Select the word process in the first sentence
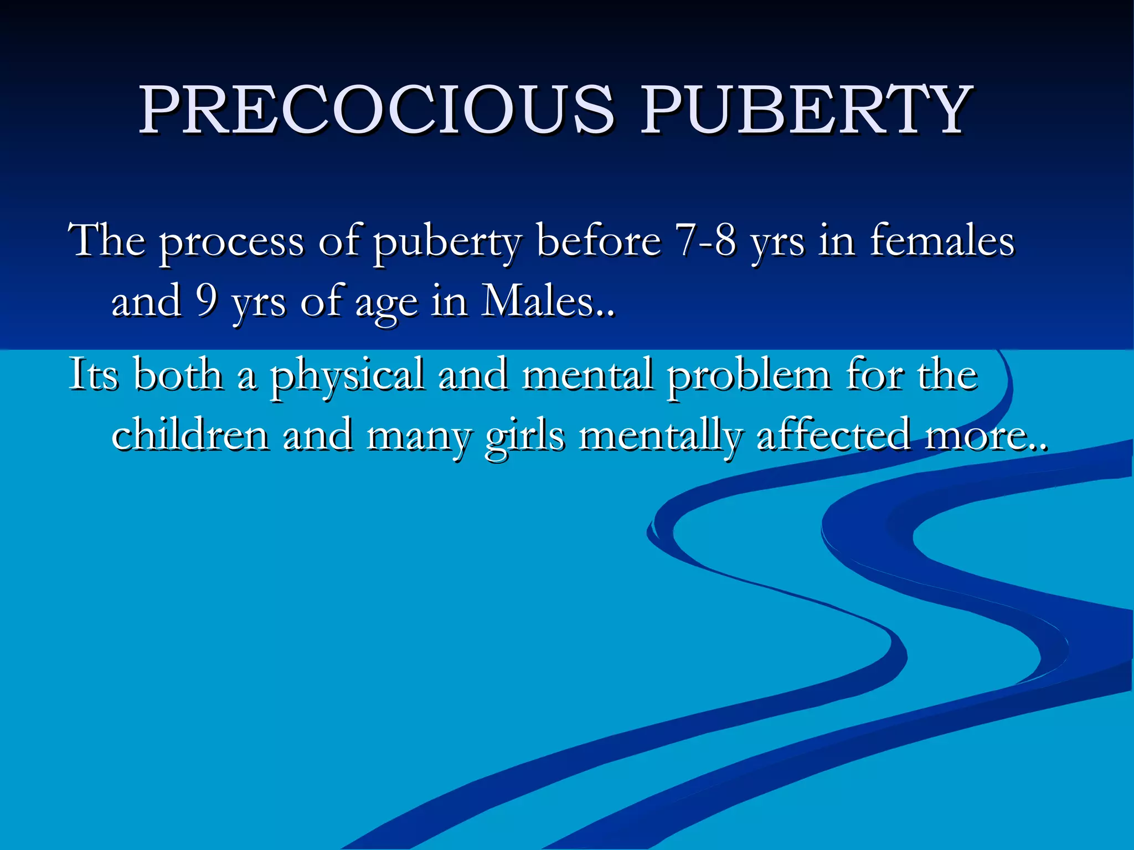point(231,242)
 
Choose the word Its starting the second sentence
point(93,374)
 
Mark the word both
point(178,374)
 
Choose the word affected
point(833,434)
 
